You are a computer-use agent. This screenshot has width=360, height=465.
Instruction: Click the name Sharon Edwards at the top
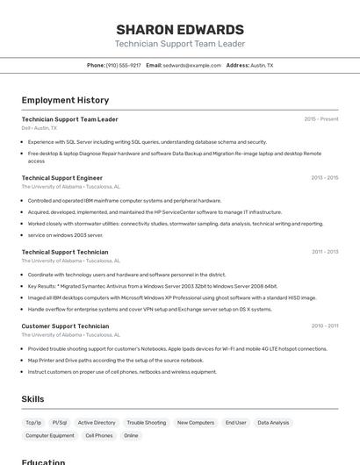[x=180, y=30]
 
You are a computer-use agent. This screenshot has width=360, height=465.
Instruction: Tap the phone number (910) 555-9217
[x=124, y=65]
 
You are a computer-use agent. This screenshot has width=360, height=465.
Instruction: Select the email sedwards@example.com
[x=192, y=65]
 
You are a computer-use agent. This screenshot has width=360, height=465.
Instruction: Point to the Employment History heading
[x=65, y=100]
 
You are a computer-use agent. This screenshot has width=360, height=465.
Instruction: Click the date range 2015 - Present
[x=321, y=119]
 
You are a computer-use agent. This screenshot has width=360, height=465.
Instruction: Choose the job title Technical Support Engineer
[x=62, y=178]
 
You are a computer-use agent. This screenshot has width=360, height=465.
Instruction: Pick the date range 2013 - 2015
[x=324, y=178]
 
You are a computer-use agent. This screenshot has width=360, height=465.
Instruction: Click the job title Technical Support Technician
[x=65, y=252]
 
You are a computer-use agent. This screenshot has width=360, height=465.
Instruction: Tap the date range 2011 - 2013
[x=325, y=252]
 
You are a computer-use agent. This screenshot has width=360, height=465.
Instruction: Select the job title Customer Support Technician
[x=65, y=326]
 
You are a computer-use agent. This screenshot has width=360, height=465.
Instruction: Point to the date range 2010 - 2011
[x=325, y=326]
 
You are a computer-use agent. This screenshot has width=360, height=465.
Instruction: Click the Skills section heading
[x=32, y=399]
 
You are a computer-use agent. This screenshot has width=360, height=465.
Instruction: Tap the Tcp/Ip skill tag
[x=33, y=423]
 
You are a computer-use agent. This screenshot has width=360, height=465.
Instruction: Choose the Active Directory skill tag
[x=97, y=423]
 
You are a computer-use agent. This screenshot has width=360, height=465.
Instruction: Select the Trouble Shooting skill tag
[x=147, y=423]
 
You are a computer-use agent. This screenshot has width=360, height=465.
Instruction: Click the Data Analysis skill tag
[x=273, y=423]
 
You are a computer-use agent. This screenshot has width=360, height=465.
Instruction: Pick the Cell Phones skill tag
[x=98, y=435]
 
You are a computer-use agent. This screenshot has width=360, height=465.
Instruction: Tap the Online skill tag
[x=131, y=435]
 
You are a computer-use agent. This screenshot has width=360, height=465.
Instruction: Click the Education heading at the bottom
[x=43, y=461]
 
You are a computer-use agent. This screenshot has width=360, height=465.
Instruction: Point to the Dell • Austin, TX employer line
[x=40, y=128]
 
